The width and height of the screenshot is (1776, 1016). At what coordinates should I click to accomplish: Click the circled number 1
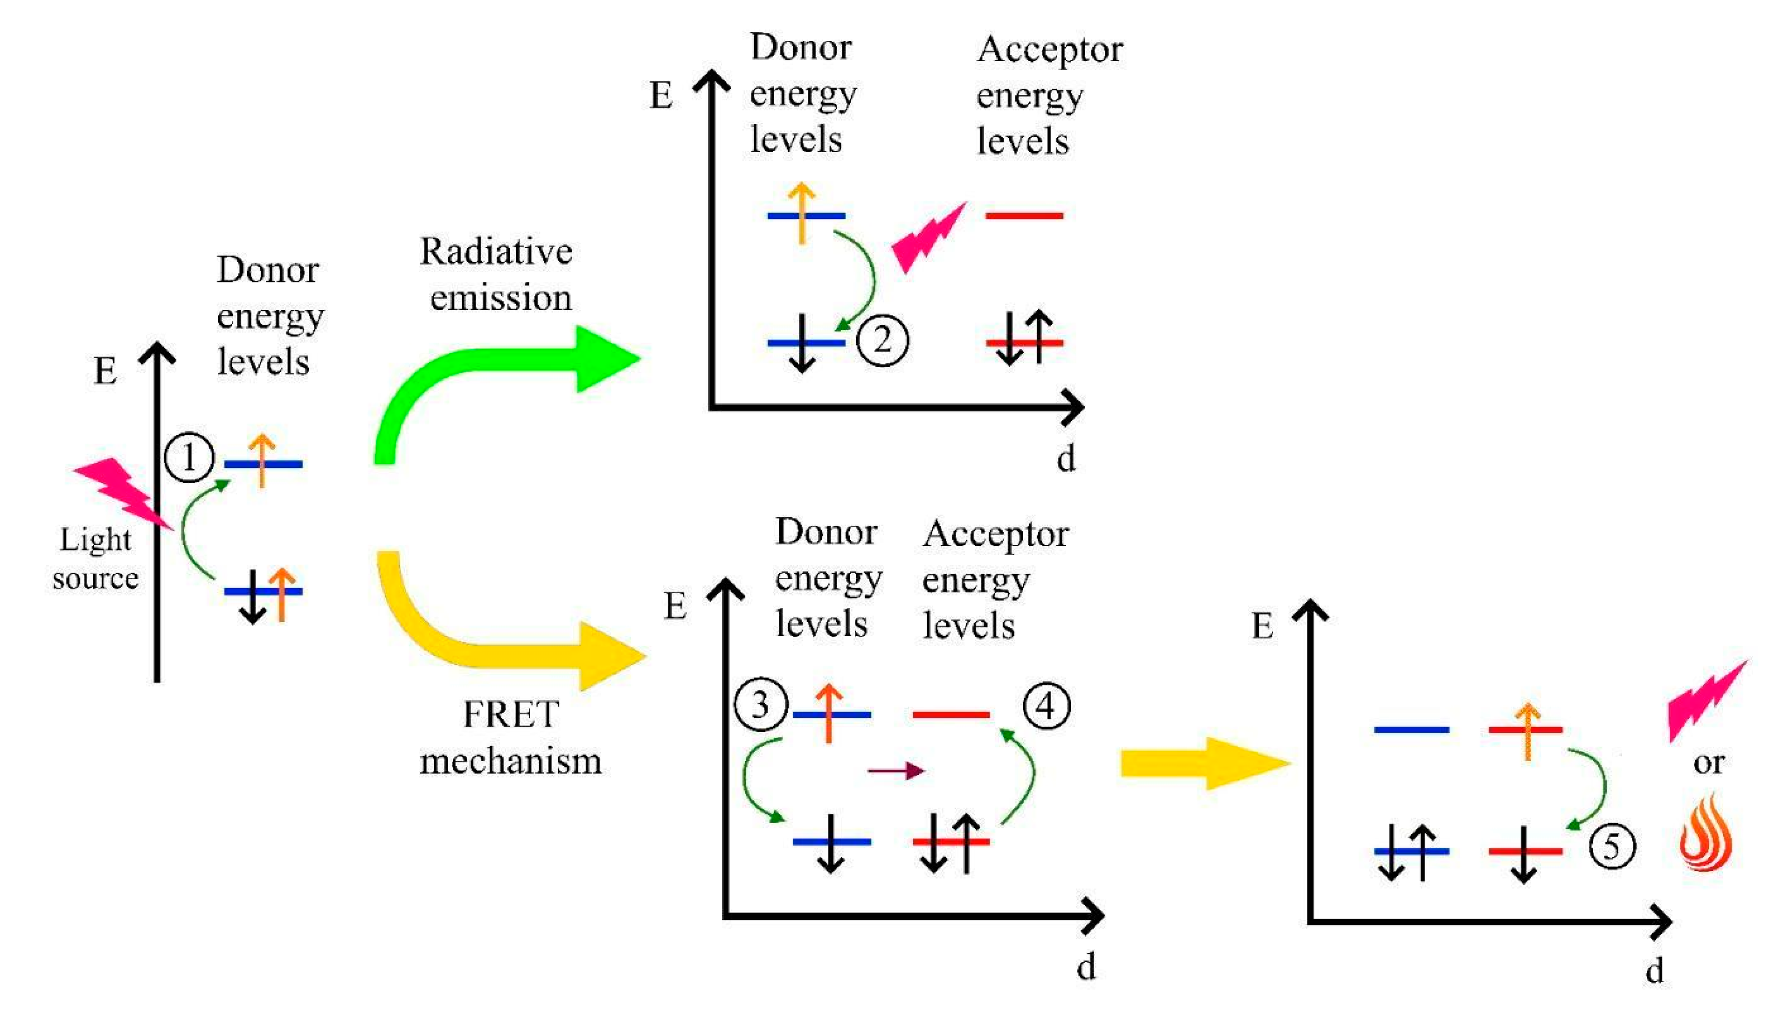tap(188, 458)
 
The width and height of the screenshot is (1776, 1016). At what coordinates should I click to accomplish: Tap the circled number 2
tap(882, 340)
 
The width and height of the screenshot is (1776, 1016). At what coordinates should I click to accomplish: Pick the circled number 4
tap(1046, 706)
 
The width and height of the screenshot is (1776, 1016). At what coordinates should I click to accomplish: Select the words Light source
tap(96, 558)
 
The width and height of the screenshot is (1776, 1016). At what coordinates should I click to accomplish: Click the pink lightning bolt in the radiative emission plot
tap(928, 237)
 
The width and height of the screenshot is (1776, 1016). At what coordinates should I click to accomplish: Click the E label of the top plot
tap(660, 96)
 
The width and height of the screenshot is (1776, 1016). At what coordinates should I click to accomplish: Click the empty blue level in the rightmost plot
tap(1411, 730)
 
